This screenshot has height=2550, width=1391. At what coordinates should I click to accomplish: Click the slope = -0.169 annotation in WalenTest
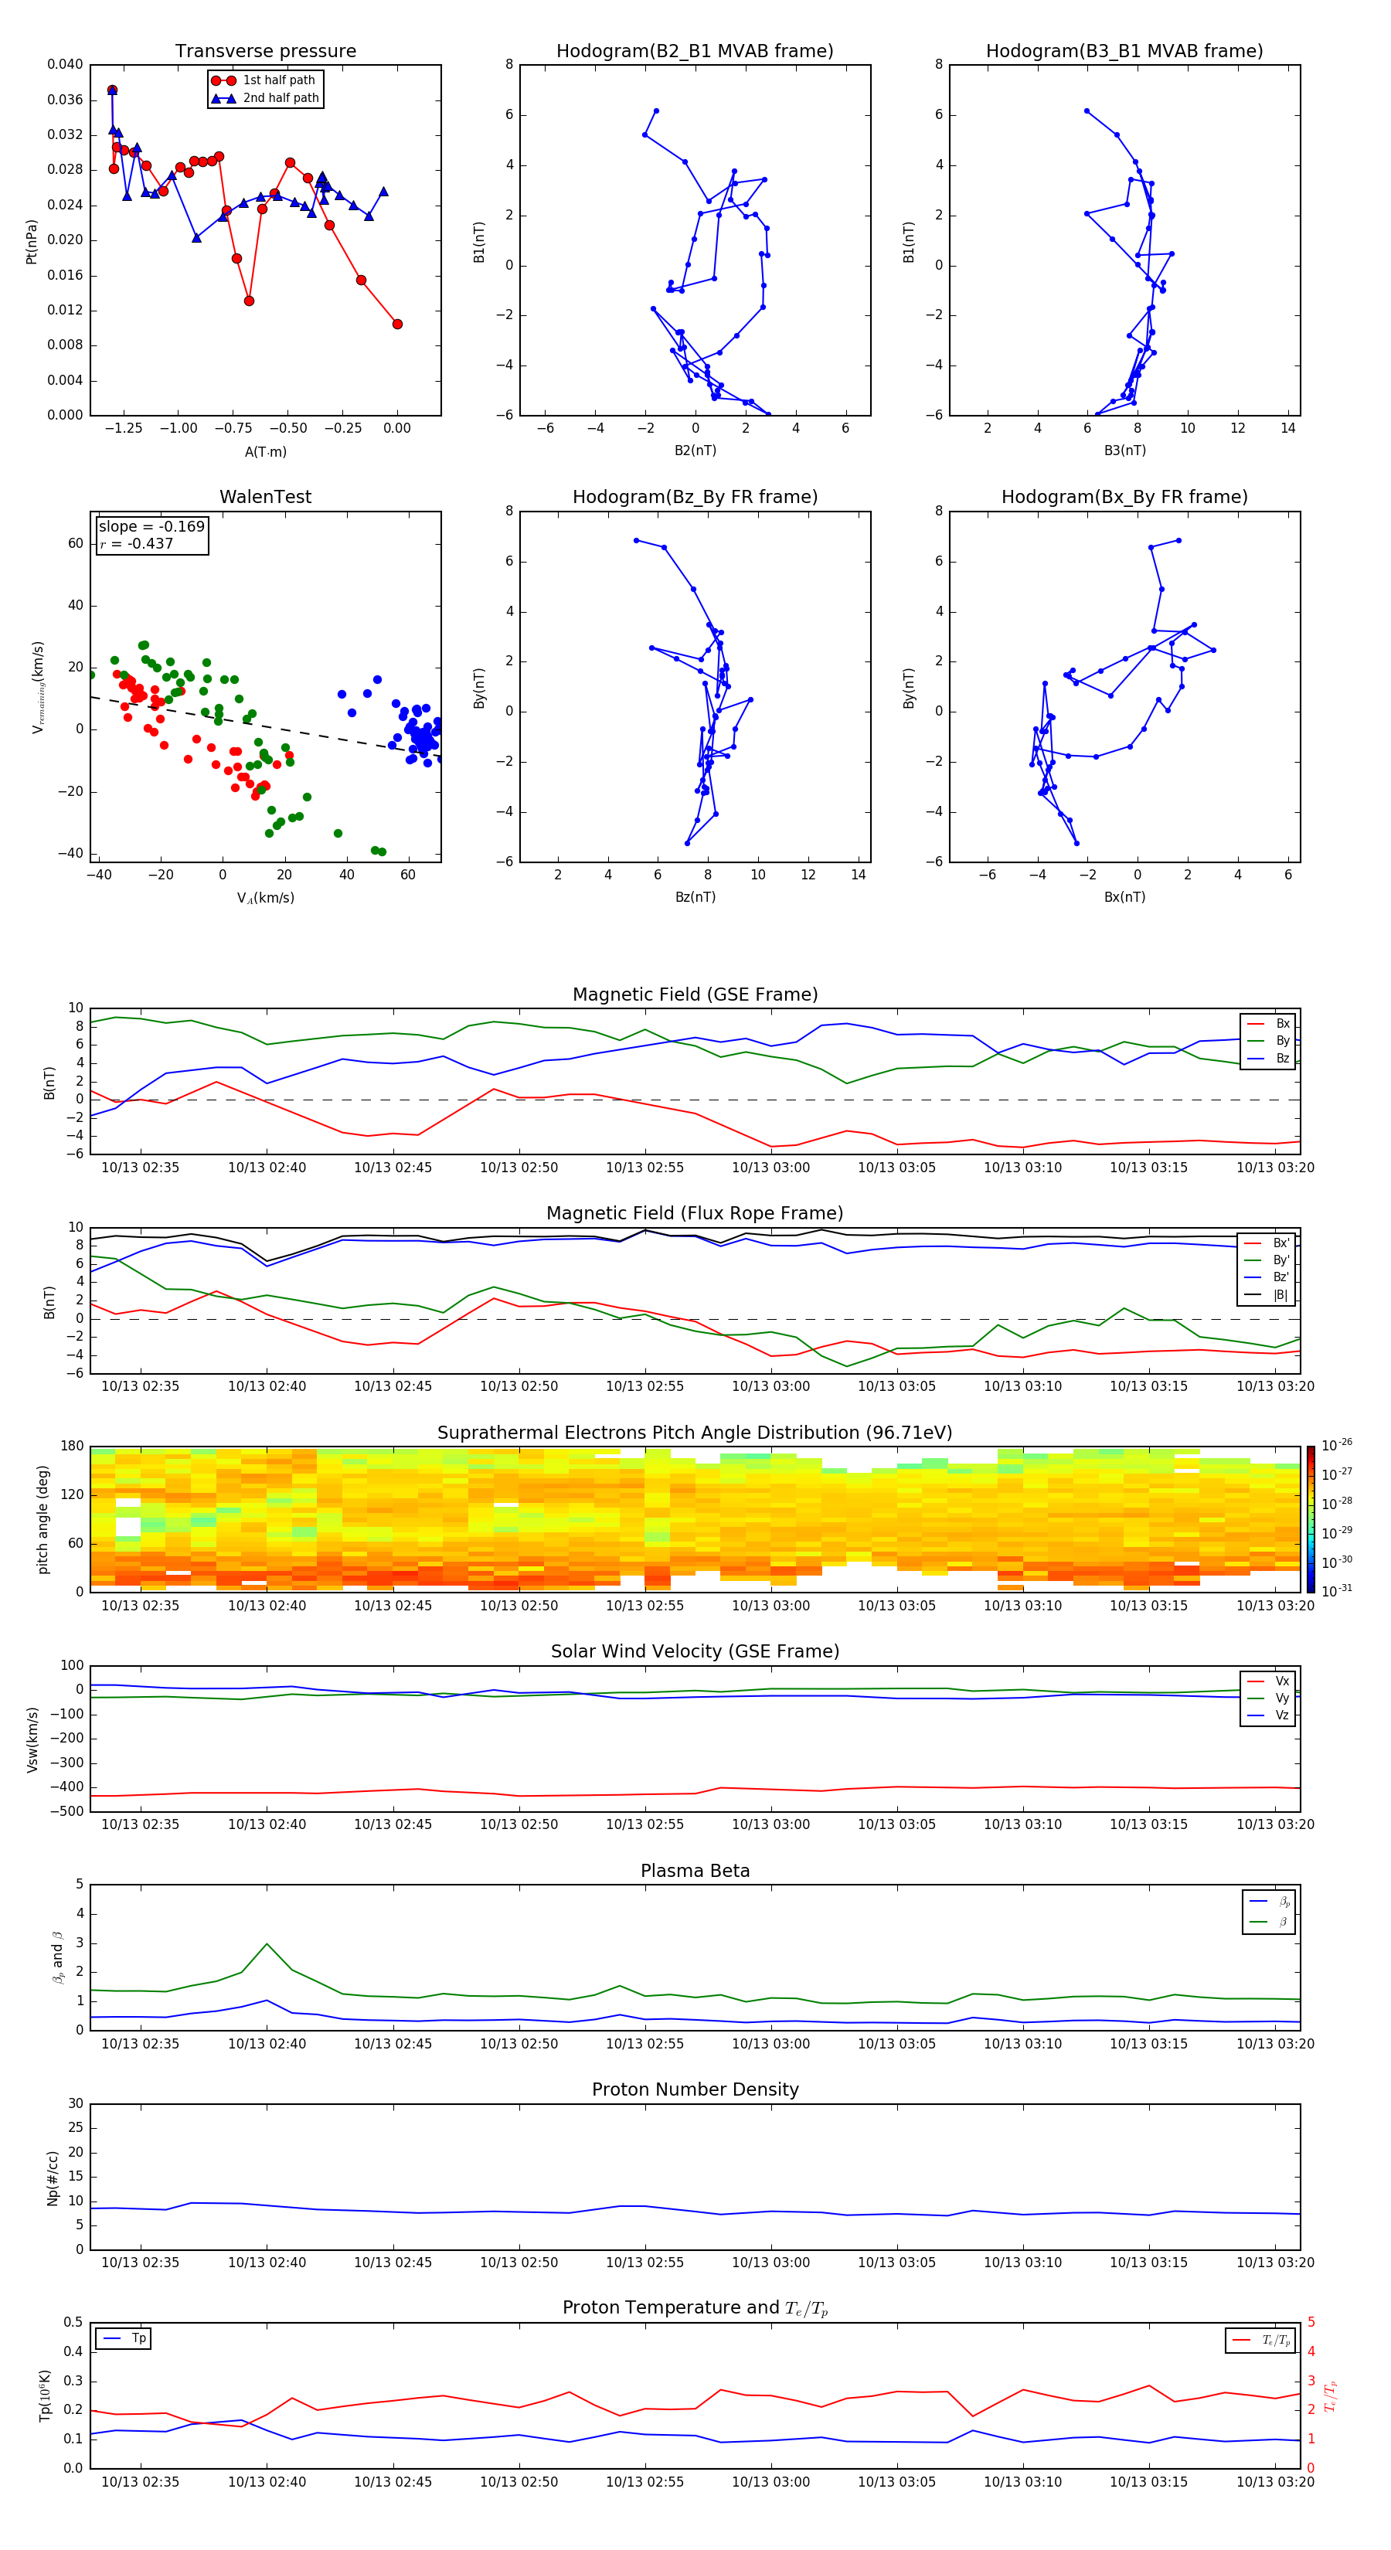(151, 527)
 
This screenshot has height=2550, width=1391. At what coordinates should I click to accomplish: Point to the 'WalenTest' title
(265, 497)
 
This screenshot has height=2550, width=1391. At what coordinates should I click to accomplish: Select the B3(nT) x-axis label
(1124, 450)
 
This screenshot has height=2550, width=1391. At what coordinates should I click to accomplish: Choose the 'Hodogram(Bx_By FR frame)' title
(1124, 497)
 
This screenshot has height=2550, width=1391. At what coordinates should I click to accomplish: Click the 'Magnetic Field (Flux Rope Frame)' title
(694, 1214)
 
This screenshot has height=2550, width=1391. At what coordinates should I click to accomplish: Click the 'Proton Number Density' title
(694, 2089)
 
